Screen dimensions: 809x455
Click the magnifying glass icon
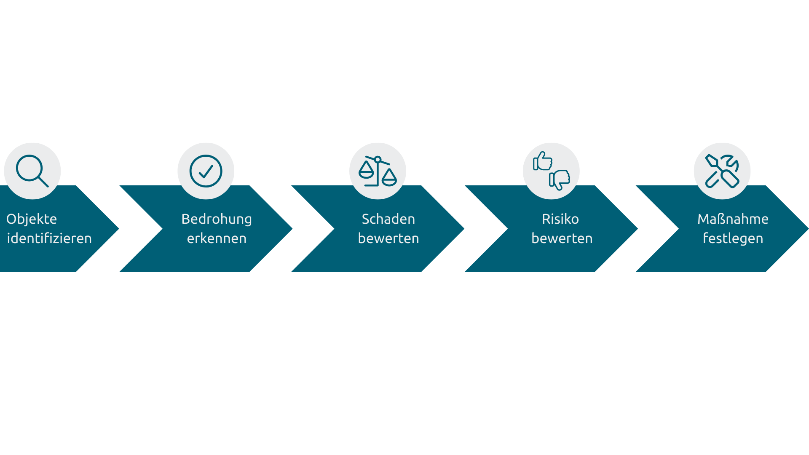[x=29, y=168]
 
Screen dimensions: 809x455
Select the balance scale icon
[x=378, y=171]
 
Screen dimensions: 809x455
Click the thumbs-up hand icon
[x=543, y=161]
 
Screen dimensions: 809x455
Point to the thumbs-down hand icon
[x=560, y=180]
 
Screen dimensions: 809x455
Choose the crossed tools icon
[x=722, y=171]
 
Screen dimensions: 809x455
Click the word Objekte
[x=32, y=219]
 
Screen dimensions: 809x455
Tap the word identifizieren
[x=49, y=238]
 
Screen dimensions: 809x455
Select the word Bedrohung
[x=217, y=219]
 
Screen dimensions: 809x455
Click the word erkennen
[x=217, y=238]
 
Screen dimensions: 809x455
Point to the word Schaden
[x=388, y=219]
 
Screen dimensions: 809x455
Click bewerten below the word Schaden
[x=388, y=238]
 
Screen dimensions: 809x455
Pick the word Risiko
[x=560, y=219]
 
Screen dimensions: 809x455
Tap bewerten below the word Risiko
[x=562, y=238]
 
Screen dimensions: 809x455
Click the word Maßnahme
[x=733, y=219]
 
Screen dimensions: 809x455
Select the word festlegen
[x=733, y=239]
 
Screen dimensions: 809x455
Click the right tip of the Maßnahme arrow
[x=808, y=229]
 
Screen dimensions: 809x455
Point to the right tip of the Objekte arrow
[x=119, y=229]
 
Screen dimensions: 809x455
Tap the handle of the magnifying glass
[x=43, y=182]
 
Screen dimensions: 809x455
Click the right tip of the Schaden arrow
[x=464, y=229]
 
